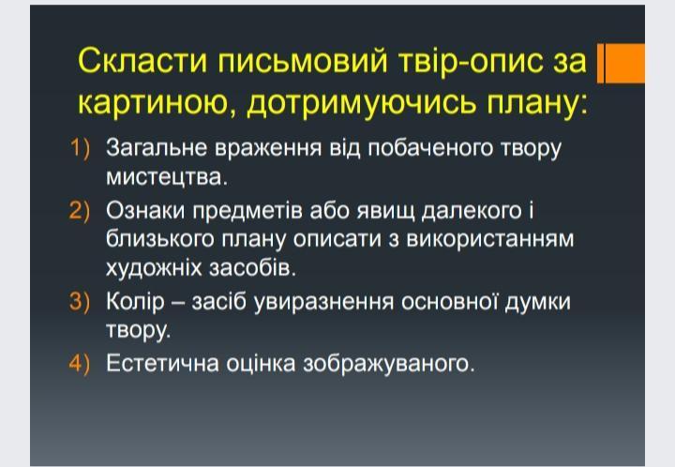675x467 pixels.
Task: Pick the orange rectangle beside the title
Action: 621,63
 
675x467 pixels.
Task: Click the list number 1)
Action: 80,147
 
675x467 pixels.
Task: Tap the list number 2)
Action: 80,211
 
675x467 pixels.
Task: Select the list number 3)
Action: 80,301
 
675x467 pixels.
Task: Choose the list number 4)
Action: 80,363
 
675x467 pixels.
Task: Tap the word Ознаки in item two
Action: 145,211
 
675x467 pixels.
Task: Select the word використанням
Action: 490,240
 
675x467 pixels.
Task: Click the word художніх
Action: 154,268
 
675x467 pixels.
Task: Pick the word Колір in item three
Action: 135,302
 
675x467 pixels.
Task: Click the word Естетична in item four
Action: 163,363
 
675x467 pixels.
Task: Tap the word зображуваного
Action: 389,365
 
